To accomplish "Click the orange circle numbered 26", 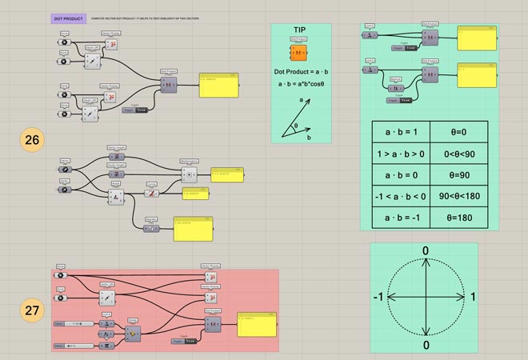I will [32, 141].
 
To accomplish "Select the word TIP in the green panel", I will [301, 30].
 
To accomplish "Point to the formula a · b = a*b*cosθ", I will [300, 83].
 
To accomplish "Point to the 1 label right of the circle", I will [473, 298].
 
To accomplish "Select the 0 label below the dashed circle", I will [426, 345].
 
